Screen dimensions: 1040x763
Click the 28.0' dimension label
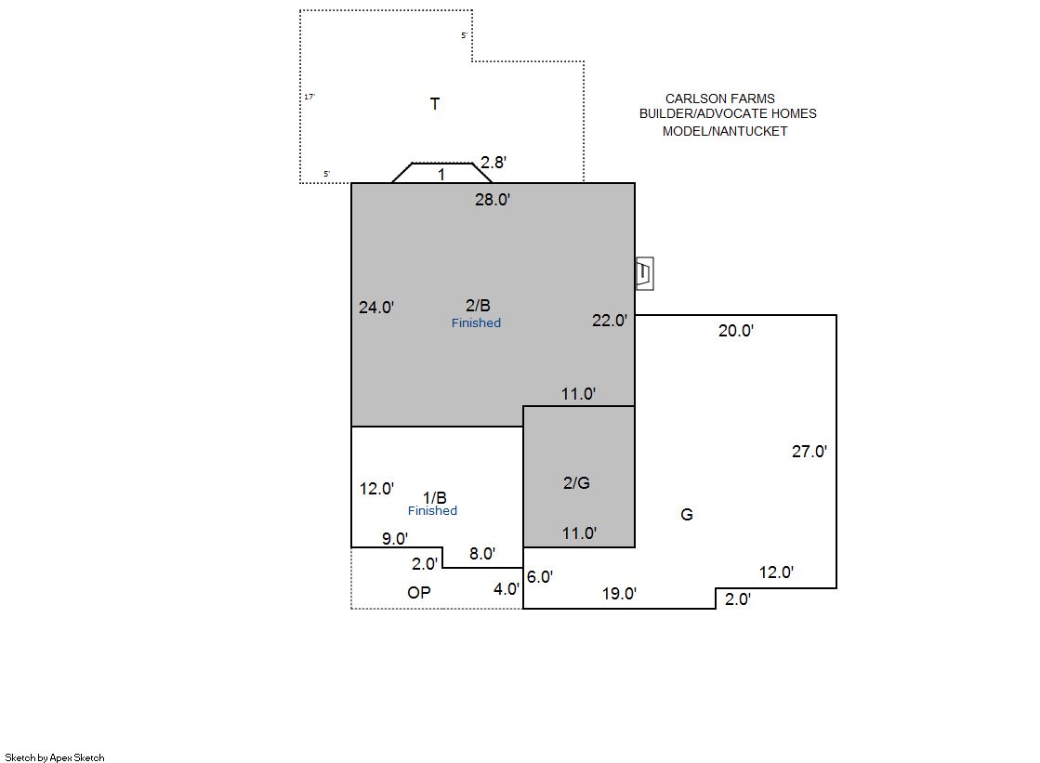[x=493, y=200]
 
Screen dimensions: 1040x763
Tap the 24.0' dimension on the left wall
[x=376, y=308]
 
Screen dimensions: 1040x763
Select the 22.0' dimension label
[x=610, y=321]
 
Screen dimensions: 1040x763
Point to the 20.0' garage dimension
[x=735, y=331]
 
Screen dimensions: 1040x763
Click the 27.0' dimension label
[x=810, y=452]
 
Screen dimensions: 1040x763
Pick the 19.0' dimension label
[x=620, y=594]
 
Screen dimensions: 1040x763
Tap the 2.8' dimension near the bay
[x=494, y=163]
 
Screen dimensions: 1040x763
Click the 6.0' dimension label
[x=540, y=577]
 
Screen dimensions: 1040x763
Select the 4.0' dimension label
[x=507, y=589]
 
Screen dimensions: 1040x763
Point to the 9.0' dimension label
[x=395, y=539]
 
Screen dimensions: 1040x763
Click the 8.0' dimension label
[x=482, y=554]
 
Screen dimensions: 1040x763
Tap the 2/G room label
[x=576, y=483]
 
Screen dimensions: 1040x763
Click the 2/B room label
[x=478, y=305]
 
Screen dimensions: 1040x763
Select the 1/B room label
[x=434, y=498]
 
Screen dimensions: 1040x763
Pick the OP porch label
[x=419, y=593]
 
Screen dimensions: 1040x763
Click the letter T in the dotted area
[x=435, y=104]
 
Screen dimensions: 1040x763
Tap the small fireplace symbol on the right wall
[x=645, y=273]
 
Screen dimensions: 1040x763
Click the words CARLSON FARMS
[x=719, y=99]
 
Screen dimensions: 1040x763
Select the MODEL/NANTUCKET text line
[x=725, y=131]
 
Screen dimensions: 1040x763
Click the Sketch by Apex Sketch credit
[x=55, y=757]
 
